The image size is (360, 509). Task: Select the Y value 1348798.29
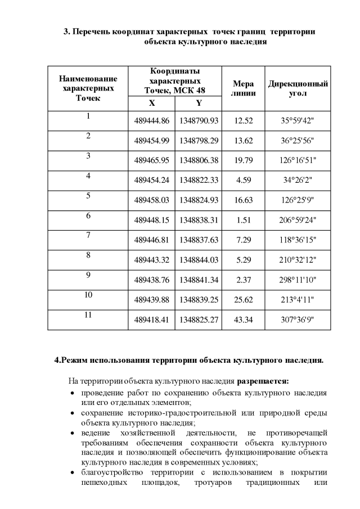(199, 140)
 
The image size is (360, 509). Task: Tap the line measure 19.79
(244, 160)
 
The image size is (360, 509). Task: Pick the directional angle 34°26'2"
(298, 180)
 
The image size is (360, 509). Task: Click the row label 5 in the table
(88, 196)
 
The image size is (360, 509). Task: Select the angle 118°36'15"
(298, 240)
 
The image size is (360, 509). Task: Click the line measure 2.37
(244, 280)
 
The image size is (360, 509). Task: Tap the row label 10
(88, 295)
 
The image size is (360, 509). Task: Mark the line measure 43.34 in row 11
(244, 319)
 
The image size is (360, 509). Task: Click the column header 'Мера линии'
(244, 88)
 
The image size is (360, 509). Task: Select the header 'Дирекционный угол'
(298, 88)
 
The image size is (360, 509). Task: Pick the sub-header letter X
(152, 103)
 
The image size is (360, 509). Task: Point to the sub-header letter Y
(199, 103)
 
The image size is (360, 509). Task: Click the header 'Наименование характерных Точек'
(88, 88)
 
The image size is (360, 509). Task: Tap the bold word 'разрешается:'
(263, 381)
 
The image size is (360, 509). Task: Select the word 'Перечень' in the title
(92, 31)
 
